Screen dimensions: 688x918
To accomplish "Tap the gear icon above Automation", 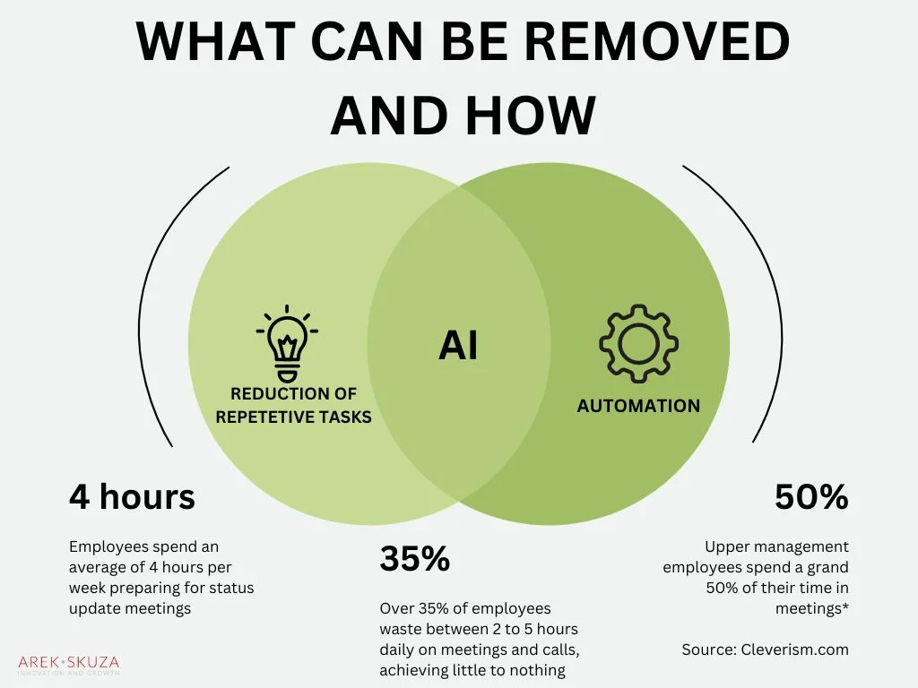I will tap(638, 344).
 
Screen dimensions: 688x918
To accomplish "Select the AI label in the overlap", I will tap(458, 346).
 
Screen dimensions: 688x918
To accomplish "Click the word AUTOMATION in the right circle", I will tap(638, 406).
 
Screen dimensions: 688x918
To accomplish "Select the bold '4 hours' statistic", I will tap(132, 496).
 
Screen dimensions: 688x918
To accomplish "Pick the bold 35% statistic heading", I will tap(414, 559).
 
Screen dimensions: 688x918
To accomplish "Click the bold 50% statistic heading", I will tap(811, 496).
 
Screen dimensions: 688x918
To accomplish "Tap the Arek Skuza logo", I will tap(68, 666).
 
